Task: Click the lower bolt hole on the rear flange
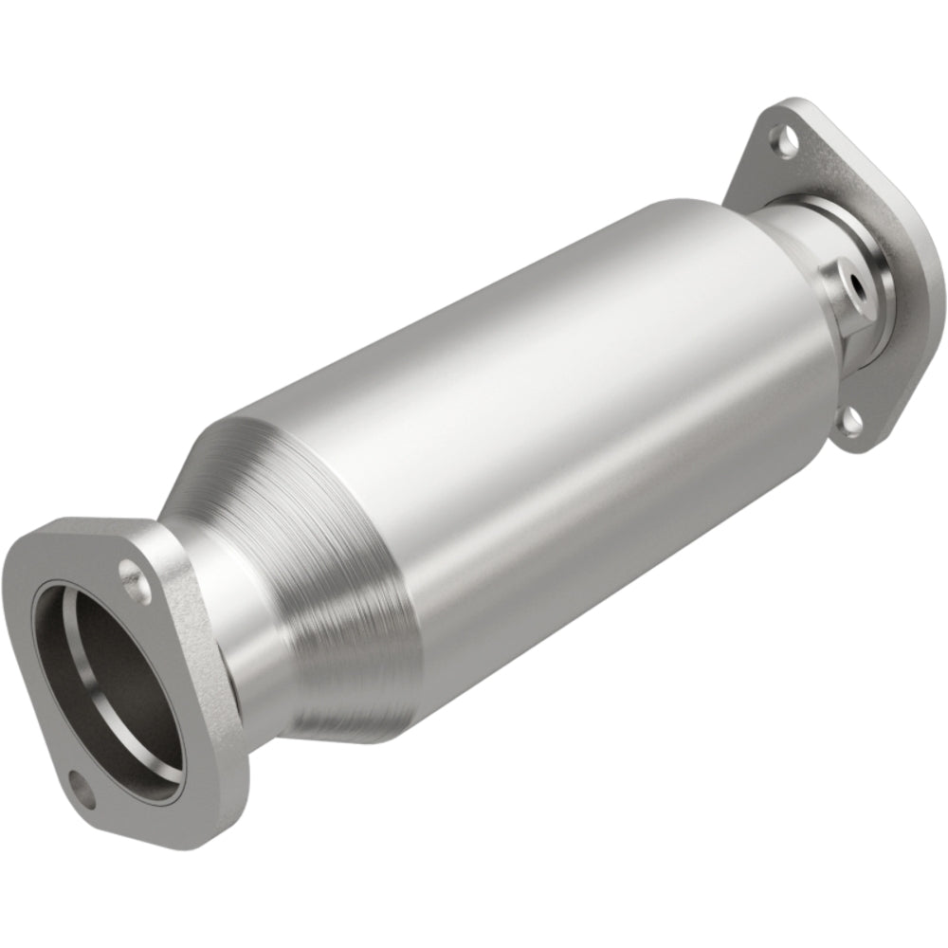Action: pos(851,420)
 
